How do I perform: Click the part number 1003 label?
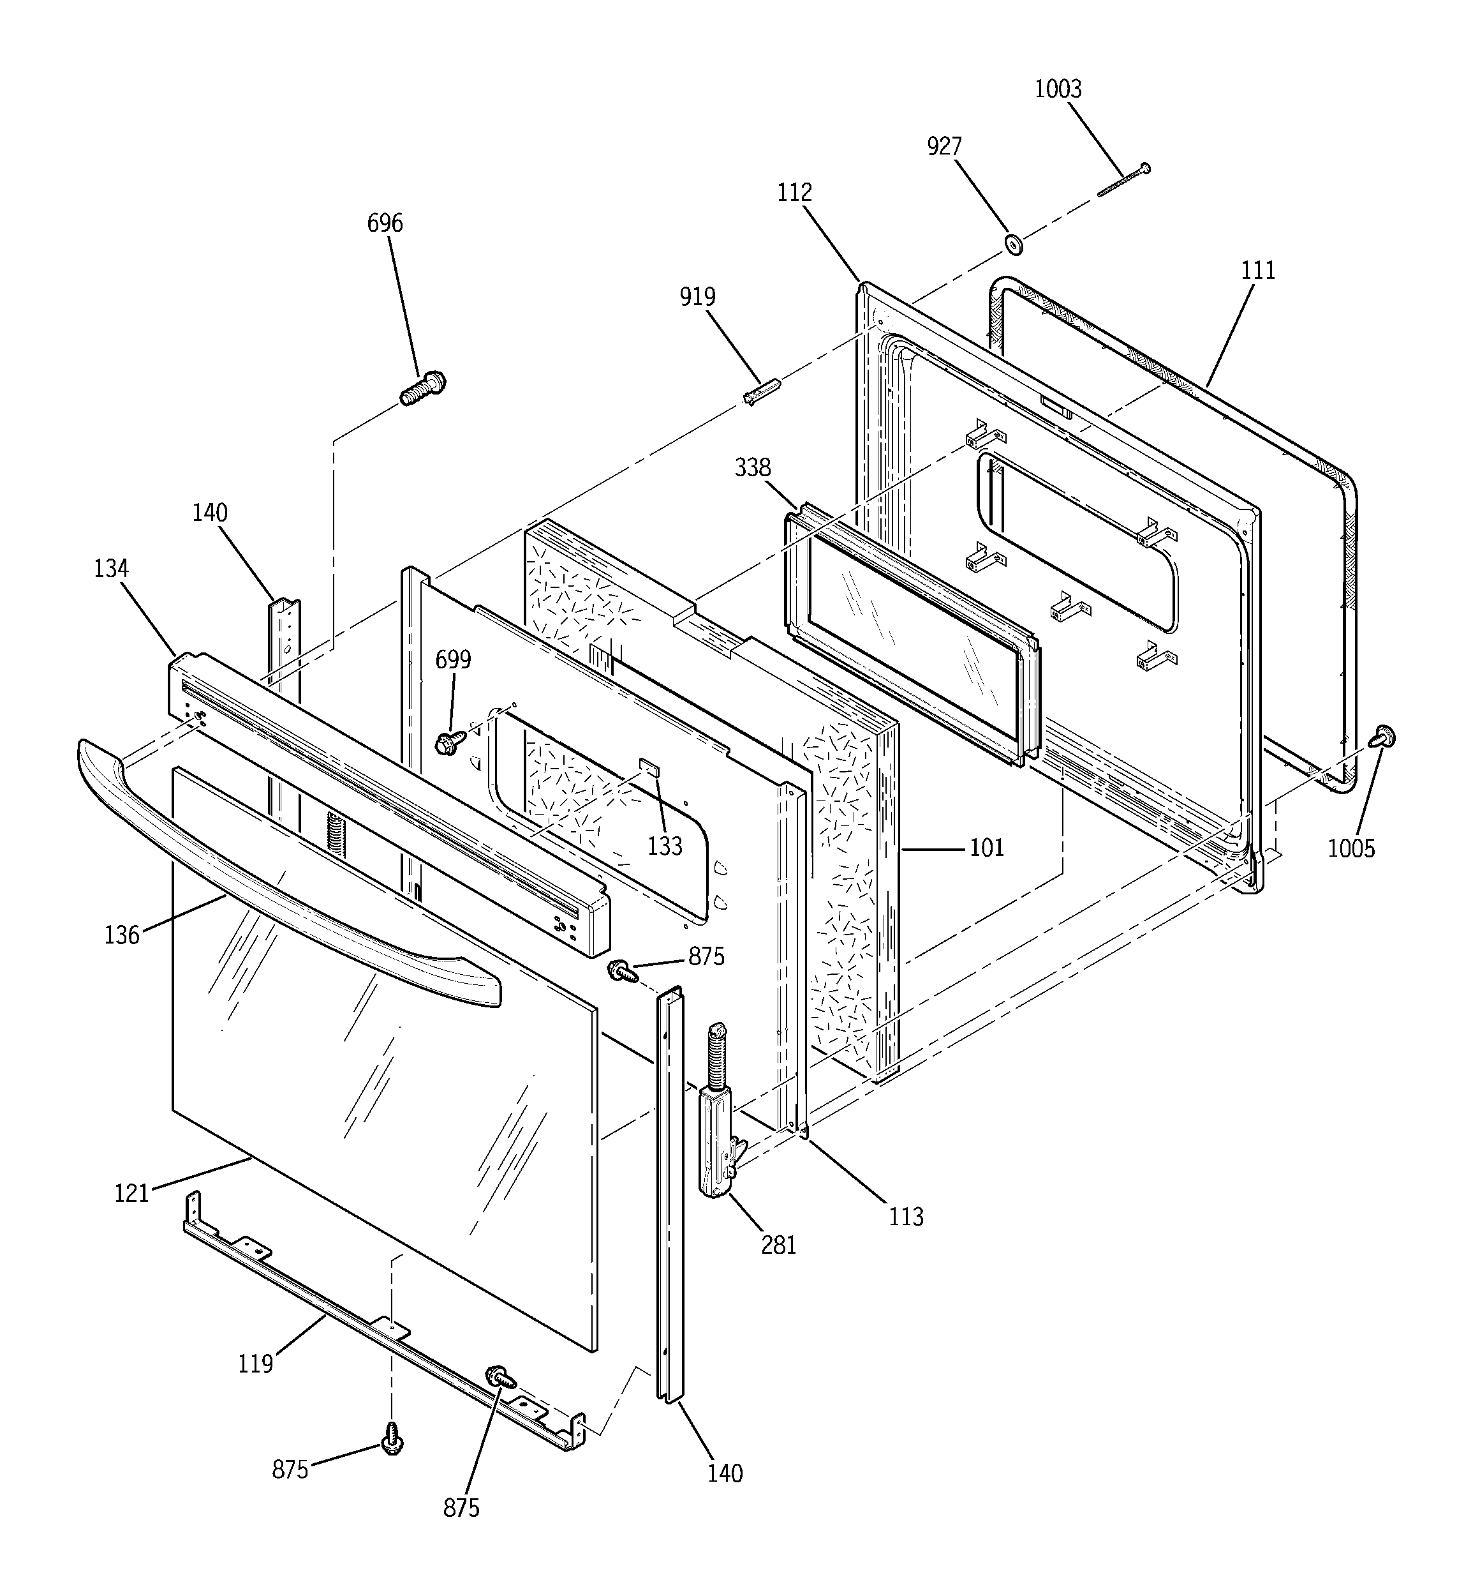click(1057, 89)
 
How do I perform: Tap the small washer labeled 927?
click(1013, 244)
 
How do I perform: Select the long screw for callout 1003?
click(1123, 181)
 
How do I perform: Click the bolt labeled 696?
click(423, 389)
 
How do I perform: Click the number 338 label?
click(751, 467)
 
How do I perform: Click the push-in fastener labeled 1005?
click(1384, 737)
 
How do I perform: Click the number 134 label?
click(110, 568)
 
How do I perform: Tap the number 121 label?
click(131, 1193)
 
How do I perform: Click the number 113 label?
click(906, 1217)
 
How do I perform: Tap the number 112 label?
click(794, 193)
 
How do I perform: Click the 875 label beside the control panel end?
click(706, 957)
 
